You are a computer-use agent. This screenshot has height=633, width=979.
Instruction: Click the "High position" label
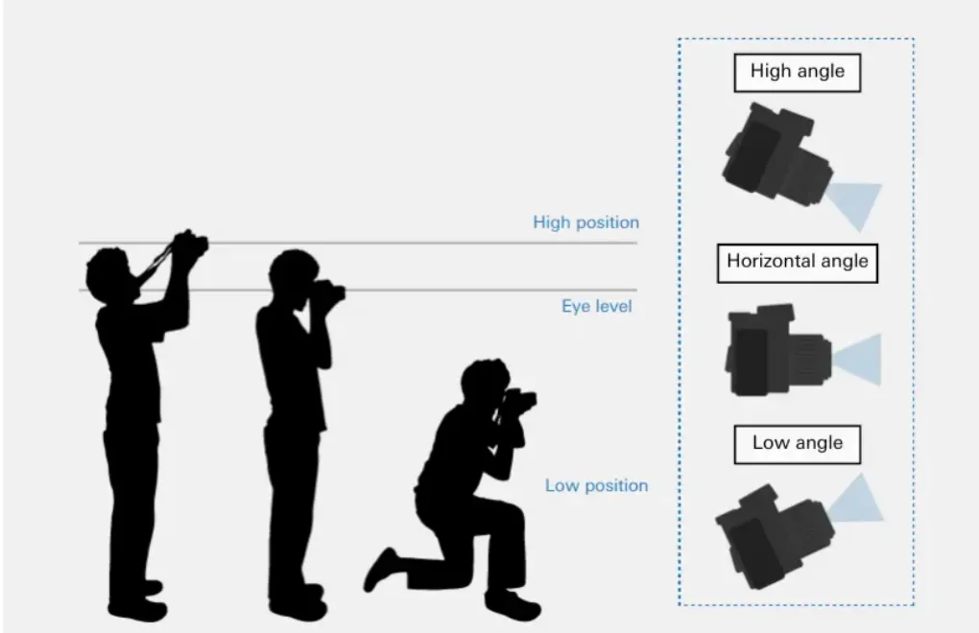[x=585, y=223]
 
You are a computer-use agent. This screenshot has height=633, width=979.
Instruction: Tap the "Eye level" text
[x=596, y=306]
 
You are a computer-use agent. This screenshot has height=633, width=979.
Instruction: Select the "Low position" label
[x=596, y=485]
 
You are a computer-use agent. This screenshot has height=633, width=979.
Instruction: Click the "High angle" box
[x=798, y=72]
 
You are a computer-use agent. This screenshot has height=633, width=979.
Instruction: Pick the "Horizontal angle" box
[x=798, y=263]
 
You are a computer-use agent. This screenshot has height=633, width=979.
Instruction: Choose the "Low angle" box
[x=798, y=444]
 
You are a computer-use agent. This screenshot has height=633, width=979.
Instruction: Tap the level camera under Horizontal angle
[x=778, y=350]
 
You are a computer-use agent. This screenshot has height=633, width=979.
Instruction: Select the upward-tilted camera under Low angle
[x=775, y=536]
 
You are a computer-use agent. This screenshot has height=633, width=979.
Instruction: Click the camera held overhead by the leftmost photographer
[x=190, y=244]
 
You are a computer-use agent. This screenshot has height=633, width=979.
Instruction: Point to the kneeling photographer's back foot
[x=381, y=569]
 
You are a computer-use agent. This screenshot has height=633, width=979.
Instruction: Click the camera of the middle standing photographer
[x=329, y=292]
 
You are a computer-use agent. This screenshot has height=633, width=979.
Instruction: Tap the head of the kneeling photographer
[x=485, y=382]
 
